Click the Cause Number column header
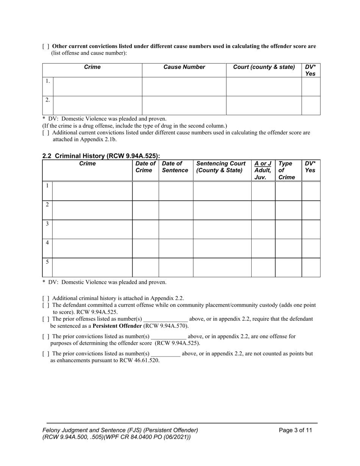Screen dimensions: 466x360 click(184, 67)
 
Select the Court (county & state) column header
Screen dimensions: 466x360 click(264, 67)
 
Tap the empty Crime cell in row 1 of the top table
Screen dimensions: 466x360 click(97, 87)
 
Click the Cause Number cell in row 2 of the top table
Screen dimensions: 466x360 click(184, 105)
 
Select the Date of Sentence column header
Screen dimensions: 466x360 click(175, 167)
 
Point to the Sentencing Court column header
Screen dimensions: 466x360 click(221, 167)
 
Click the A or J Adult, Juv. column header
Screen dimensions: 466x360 click(263, 170)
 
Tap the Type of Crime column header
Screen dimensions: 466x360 click(286, 170)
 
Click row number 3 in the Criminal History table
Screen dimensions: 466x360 click(47, 224)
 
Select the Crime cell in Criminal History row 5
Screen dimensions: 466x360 click(92, 267)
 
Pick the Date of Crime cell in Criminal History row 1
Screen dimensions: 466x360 click(145, 191)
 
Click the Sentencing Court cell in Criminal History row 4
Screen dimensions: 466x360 click(222, 248)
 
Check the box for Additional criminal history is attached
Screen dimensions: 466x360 click(45, 299)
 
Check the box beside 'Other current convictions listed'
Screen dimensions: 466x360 click(45, 47)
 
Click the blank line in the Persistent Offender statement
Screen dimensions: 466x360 click(166, 319)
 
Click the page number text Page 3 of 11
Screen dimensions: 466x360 click(296, 430)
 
